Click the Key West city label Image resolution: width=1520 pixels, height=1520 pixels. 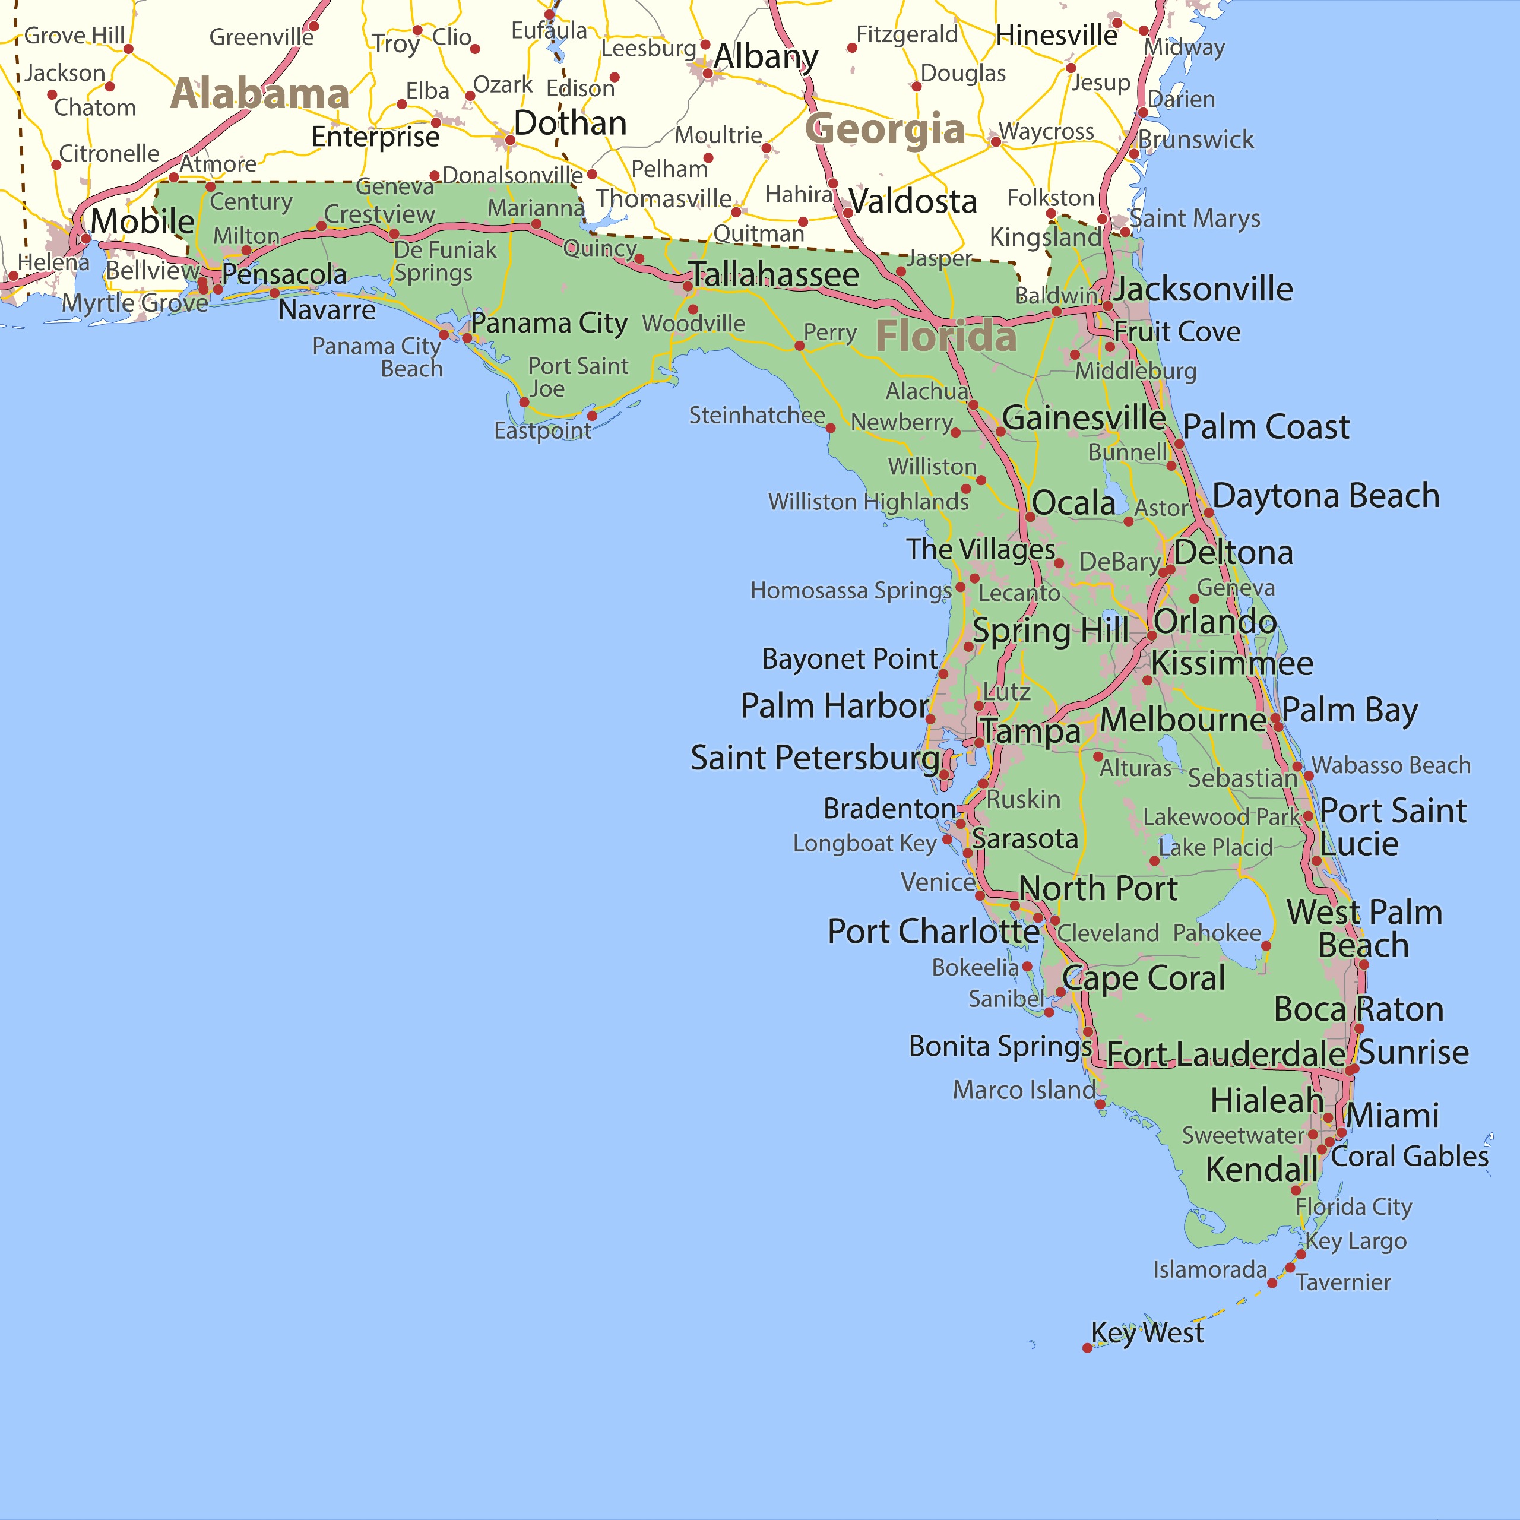pos(1147,1333)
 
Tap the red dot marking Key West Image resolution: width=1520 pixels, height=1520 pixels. pos(1087,1348)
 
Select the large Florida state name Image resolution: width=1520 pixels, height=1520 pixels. pos(946,337)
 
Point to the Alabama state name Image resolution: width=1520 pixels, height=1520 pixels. pos(259,94)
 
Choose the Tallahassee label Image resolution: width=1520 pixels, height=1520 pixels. pos(775,274)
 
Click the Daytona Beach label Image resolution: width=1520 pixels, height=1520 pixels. pos(1326,496)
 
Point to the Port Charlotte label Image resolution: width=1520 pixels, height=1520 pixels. pos(933,932)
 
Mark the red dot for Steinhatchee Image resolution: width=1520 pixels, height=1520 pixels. pos(830,428)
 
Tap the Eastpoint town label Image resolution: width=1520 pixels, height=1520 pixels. pos(542,430)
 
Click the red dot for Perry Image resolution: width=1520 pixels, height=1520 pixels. pos(799,346)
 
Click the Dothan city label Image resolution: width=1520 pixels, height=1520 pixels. pos(571,123)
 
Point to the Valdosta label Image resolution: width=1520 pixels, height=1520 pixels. pos(913,201)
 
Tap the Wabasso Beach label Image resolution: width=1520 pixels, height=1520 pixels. pos(1390,765)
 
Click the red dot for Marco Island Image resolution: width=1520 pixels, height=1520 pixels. pos(1100,1104)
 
